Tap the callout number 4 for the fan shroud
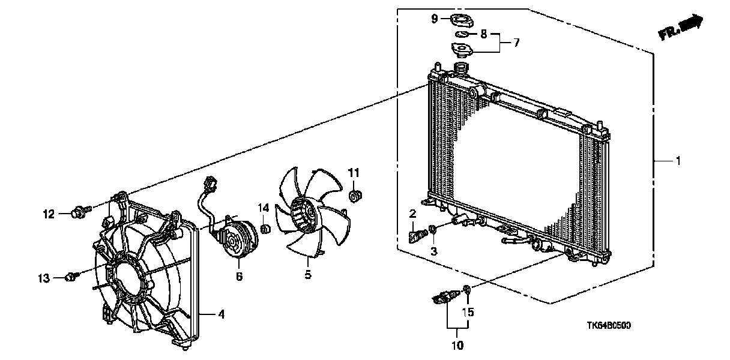[221, 314]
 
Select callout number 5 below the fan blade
[307, 275]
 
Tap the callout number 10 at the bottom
[457, 345]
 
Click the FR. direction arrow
[682, 28]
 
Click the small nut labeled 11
[355, 194]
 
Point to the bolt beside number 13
[72, 277]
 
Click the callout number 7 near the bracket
[516, 43]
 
